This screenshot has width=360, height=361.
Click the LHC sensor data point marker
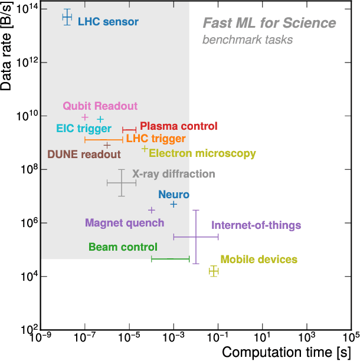67,17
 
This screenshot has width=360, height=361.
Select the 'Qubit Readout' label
100,106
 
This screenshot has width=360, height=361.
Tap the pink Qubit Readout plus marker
84,117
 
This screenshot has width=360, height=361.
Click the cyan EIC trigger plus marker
100,119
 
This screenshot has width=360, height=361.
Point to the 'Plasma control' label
178,126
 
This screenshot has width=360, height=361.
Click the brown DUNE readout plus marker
107,145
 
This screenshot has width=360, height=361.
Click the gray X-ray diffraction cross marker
122,183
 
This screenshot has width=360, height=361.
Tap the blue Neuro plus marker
174,204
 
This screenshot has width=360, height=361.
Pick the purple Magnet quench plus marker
151,210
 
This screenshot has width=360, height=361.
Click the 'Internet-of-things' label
256,225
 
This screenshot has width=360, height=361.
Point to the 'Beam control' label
123,247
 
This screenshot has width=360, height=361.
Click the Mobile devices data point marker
214,271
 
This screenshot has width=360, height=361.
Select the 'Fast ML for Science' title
269,24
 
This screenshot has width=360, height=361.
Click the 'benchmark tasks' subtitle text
247,40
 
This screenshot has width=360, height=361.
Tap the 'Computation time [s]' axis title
287,352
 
